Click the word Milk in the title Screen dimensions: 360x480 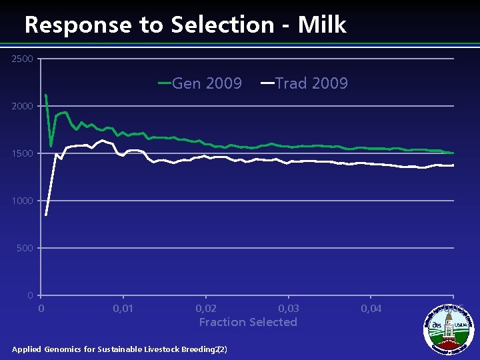click(322, 25)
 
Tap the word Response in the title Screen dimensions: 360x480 click(77, 25)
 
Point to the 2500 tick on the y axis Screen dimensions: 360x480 click(22, 59)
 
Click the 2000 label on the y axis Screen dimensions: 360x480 click(22, 107)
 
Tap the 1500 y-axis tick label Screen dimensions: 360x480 click(22, 154)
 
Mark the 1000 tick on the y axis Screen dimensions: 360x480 click(22, 201)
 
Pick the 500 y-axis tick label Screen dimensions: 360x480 click(25, 248)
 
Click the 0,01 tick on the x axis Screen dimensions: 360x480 click(123, 308)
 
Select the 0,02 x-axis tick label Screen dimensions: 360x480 click(206, 308)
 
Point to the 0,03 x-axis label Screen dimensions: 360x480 click(289, 308)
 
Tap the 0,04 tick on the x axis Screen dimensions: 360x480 click(371, 308)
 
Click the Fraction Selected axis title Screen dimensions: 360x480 click(248, 322)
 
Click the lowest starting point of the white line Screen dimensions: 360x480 click(46, 215)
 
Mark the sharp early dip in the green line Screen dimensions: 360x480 click(51, 146)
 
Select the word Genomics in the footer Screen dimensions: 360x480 click(69, 349)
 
